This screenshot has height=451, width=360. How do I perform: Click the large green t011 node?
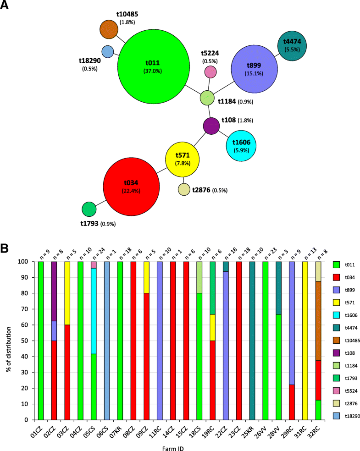click(x=154, y=66)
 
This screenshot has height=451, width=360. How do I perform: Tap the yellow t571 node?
click(x=183, y=160)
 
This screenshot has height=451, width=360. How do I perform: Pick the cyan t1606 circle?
click(x=241, y=145)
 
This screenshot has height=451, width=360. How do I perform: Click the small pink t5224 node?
click(x=210, y=71)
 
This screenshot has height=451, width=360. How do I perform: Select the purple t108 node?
click(x=211, y=126)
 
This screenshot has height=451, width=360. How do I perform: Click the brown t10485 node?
click(x=109, y=29)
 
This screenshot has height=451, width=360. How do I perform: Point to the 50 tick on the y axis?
click(x=27, y=341)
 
